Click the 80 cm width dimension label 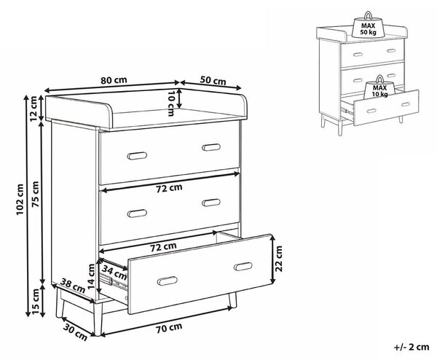114,80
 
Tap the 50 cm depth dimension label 213,81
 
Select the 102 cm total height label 20,200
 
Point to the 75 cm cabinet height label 36,195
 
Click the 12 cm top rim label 34,108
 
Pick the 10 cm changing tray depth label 171,102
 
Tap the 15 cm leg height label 36,302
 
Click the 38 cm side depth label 73,286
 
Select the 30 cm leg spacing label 75,332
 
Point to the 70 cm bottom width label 169,328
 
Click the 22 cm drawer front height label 279,259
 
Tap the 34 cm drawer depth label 114,272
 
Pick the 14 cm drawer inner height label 91,276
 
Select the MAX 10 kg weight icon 380,87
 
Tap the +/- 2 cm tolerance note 412,347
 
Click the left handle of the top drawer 137,156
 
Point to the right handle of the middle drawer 211,203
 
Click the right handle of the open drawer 243,267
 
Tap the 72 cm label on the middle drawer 169,189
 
